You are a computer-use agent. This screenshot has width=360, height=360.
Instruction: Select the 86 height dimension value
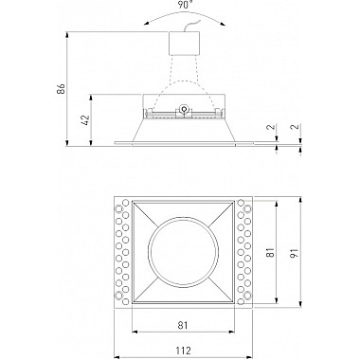[x=61, y=89]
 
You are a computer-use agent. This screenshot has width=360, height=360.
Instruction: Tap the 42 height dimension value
[x=85, y=120]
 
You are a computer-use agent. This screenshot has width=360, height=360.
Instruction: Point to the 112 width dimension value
[x=183, y=351]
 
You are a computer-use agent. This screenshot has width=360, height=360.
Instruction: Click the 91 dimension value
[x=294, y=253]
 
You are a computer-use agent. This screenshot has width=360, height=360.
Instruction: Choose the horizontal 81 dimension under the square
[x=183, y=325]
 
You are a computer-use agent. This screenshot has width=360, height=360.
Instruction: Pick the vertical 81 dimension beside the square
[x=270, y=253]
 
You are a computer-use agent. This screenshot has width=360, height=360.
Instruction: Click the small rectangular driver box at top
[x=184, y=44]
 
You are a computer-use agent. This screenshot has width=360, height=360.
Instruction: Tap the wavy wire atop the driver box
[x=191, y=26]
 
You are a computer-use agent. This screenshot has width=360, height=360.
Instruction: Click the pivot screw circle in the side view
[x=184, y=109]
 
